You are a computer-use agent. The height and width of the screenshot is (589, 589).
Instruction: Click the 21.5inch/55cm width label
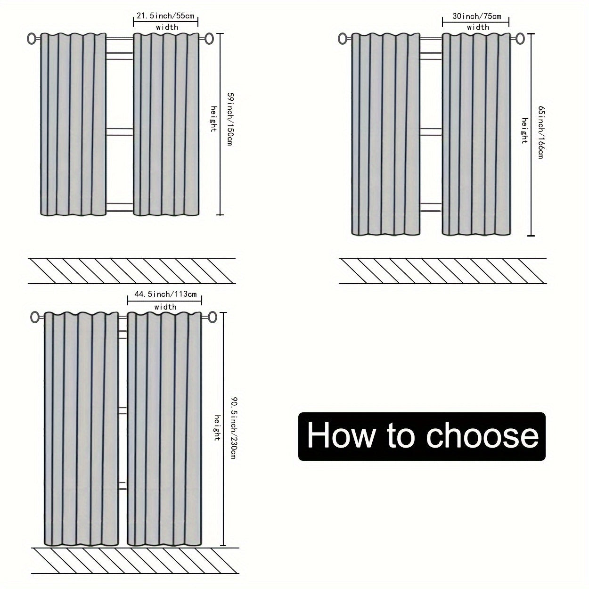click(165, 16)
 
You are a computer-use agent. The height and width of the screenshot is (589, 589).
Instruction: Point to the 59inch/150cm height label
click(229, 119)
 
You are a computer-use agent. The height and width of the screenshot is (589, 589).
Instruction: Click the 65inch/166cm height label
click(540, 132)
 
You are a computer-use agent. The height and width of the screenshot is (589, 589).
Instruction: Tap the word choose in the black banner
click(483, 436)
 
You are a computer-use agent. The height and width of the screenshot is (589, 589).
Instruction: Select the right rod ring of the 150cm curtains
click(209, 39)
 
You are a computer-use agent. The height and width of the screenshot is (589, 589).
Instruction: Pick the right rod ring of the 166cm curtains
click(520, 39)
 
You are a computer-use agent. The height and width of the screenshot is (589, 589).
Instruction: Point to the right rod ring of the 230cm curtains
click(213, 317)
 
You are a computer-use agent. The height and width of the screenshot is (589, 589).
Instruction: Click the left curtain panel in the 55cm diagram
click(73, 125)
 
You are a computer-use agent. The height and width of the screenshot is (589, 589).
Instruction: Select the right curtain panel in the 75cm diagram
click(476, 134)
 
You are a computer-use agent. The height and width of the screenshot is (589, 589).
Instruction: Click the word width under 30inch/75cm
click(478, 27)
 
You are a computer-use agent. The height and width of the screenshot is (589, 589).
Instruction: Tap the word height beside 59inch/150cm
click(213, 119)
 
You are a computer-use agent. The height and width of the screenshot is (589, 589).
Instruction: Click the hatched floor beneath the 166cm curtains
click(442, 271)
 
